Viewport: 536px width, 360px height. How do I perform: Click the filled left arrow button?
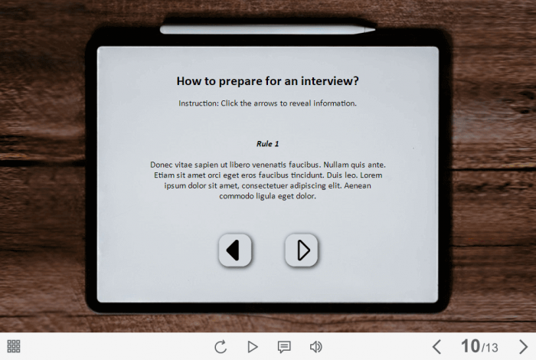tap(235, 250)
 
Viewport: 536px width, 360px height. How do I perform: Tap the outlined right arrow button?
tap(302, 250)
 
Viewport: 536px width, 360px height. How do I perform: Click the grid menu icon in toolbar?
tap(14, 346)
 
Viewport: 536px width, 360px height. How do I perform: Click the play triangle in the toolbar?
tap(253, 347)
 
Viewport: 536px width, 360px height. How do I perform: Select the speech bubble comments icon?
tap(284, 347)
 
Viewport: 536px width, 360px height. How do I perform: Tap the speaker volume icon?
tap(315, 347)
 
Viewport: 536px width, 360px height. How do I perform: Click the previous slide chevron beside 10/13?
tap(436, 347)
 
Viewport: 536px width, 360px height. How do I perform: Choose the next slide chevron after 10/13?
tap(523, 347)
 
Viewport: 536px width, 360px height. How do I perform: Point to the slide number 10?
tap(470, 346)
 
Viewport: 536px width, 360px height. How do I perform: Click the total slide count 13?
tap(492, 348)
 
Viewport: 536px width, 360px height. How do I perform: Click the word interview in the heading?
tap(329, 81)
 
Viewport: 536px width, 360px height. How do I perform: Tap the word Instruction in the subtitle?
tap(198, 103)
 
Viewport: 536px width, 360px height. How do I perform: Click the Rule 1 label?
tap(268, 144)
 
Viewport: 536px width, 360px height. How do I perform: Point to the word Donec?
tap(162, 165)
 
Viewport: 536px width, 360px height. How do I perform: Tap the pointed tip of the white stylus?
tap(375, 30)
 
